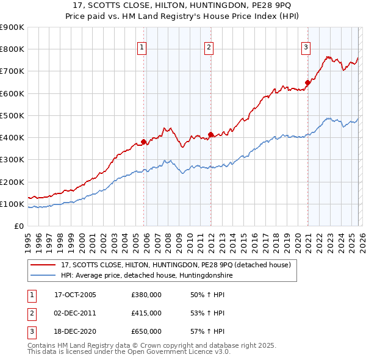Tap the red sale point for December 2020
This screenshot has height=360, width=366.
point(307,83)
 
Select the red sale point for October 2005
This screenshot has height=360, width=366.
point(144,142)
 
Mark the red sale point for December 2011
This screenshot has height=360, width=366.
point(210,134)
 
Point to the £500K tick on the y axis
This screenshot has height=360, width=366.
point(12,115)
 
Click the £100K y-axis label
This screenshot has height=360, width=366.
point(12,204)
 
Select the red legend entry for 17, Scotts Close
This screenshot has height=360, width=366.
point(177,265)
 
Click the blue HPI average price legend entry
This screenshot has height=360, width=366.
point(146,276)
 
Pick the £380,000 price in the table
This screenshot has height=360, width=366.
point(146,295)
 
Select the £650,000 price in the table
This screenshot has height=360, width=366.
point(146,331)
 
